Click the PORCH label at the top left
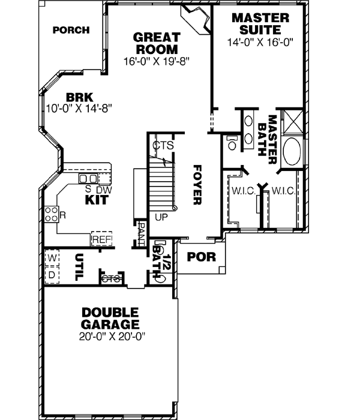[x=71, y=30]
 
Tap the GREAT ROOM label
[x=155, y=43]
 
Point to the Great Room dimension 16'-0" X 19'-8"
[x=155, y=61]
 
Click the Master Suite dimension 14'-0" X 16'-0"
[x=260, y=43]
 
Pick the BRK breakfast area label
[x=79, y=97]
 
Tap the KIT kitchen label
[x=96, y=200]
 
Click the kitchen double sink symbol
[x=89, y=179]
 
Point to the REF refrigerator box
[x=101, y=239]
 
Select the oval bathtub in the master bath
[x=293, y=152]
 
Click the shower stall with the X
[x=293, y=123]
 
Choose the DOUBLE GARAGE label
[x=111, y=319]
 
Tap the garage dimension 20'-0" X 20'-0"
[x=111, y=337]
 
